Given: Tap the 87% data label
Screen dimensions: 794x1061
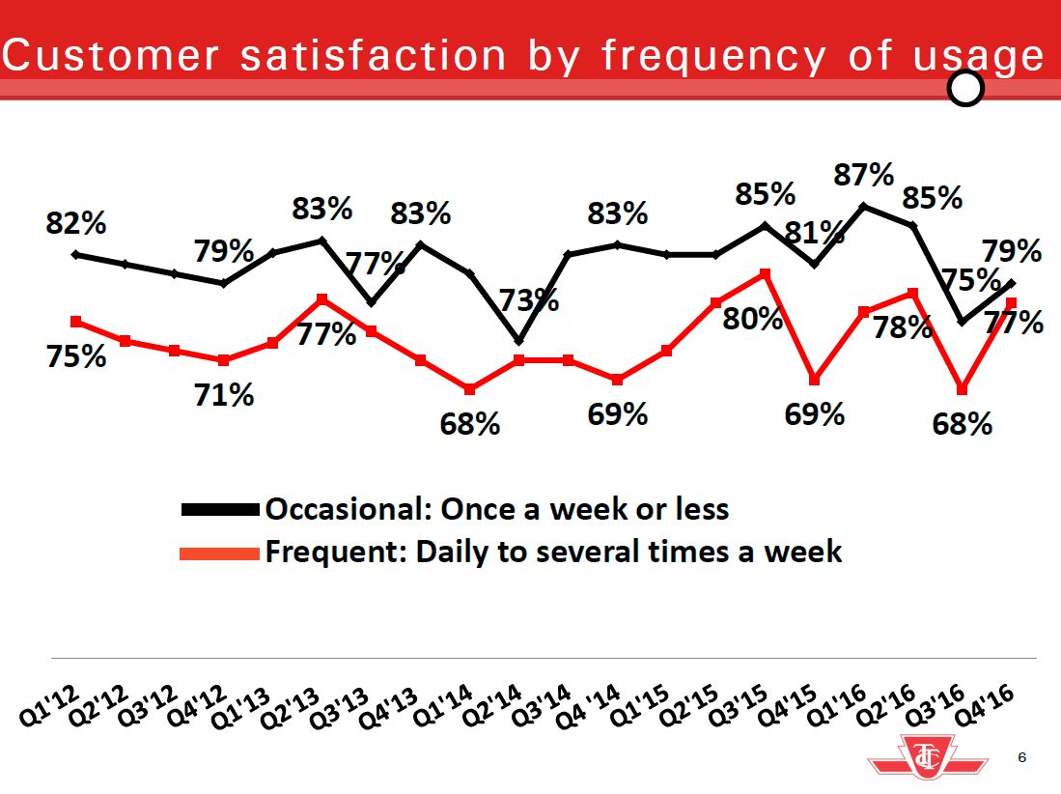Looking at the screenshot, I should point(864,176).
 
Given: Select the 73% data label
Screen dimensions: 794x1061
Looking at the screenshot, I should point(528,299).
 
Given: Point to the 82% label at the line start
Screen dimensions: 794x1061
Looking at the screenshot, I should point(76,224).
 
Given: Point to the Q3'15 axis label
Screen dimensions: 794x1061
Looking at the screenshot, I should point(740,705).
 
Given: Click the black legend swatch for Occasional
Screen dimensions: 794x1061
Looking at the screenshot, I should point(220,508).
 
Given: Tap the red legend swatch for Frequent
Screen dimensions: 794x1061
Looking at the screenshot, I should point(220,553).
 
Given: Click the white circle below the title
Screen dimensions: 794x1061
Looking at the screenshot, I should point(965,89).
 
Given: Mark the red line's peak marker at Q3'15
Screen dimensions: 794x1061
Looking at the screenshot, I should point(766,273).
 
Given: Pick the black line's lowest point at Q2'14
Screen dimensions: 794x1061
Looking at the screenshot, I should point(519,341).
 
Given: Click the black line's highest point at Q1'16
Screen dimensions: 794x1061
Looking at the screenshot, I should point(864,206).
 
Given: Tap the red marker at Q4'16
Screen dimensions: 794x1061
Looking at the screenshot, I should point(1011,302).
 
